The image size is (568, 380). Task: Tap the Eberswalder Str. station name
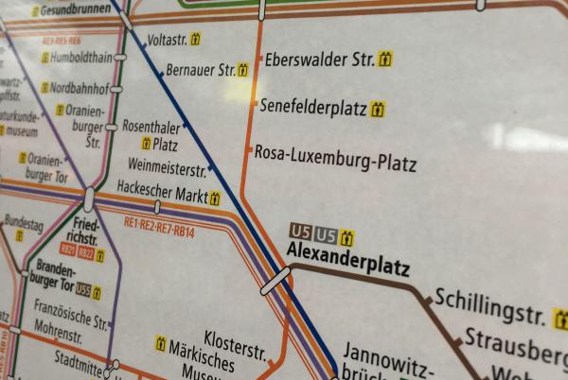click(x=319, y=60)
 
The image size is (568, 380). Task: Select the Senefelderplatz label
click(x=313, y=109)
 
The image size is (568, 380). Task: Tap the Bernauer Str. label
click(x=200, y=70)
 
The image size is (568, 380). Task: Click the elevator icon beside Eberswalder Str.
click(x=385, y=60)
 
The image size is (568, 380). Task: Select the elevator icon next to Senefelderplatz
click(x=378, y=110)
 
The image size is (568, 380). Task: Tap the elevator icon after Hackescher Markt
click(x=215, y=199)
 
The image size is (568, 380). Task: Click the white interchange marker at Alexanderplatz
click(x=275, y=281)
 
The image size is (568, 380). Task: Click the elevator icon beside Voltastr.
click(x=196, y=40)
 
